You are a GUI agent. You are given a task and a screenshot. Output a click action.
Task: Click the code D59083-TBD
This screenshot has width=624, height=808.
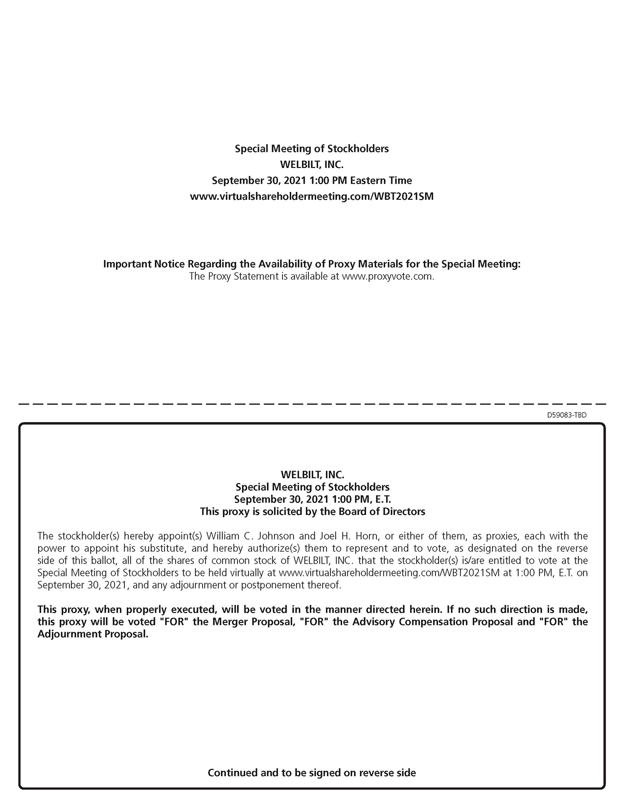567,415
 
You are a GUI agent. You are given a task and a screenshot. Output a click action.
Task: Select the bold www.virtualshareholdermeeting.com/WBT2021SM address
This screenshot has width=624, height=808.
312,196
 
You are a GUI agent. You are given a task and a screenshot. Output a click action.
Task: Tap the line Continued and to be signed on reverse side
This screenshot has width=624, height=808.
312,773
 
